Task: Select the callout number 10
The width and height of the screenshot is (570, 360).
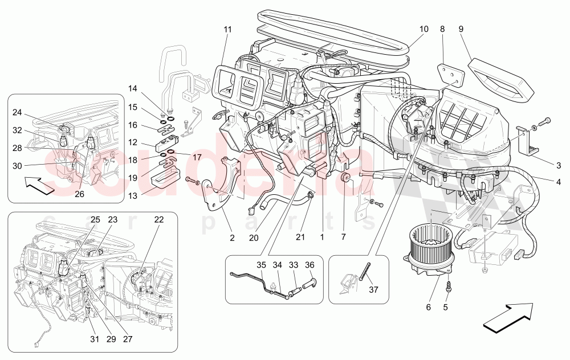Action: tap(424, 29)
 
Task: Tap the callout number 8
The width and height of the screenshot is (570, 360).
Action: tap(442, 29)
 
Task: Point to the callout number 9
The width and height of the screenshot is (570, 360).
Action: tap(461, 29)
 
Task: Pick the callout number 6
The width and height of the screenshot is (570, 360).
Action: tap(428, 308)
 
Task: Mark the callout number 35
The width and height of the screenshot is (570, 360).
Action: tap(262, 265)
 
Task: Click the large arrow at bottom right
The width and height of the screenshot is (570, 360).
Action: tap(507, 317)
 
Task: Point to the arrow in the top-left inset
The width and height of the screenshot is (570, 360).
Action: tap(40, 185)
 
